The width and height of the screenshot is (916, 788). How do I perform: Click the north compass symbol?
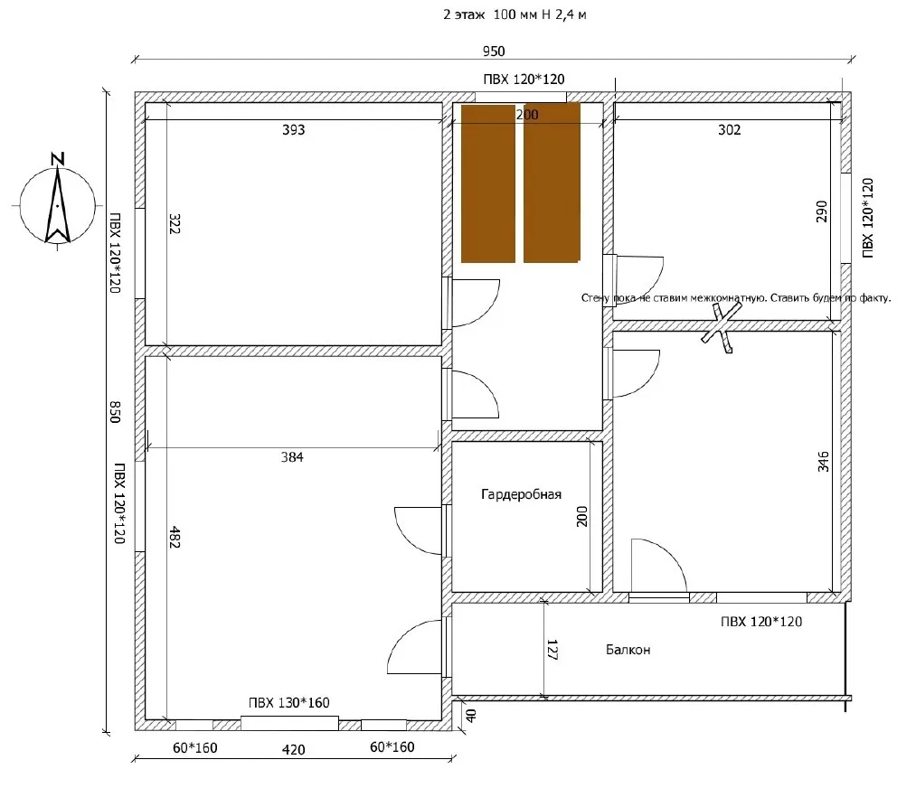click(x=57, y=202)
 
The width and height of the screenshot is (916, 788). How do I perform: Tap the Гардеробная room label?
click(x=521, y=494)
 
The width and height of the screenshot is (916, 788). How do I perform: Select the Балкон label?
click(x=628, y=650)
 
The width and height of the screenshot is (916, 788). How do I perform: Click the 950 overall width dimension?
click(x=494, y=52)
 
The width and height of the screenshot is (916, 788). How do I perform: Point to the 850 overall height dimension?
click(x=115, y=411)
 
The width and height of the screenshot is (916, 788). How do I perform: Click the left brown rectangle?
click(x=488, y=183)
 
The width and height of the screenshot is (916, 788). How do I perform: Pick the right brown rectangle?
click(x=552, y=183)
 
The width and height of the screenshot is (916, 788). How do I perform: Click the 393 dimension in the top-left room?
click(x=293, y=129)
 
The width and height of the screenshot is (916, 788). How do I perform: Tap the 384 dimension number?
click(x=292, y=457)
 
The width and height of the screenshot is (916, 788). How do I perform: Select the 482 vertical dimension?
click(x=175, y=537)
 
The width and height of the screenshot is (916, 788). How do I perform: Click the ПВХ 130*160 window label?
click(x=289, y=703)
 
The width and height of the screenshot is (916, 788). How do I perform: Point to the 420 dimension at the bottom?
click(x=293, y=749)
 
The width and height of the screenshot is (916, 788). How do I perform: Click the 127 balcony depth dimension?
click(x=552, y=650)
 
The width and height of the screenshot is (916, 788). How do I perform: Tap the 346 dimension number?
click(x=823, y=462)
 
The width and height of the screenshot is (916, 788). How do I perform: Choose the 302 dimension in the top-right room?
click(x=729, y=129)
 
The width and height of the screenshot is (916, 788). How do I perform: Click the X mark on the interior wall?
click(x=722, y=327)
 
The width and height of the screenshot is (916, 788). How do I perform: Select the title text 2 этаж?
click(x=464, y=14)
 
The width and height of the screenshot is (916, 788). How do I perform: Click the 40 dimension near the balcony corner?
click(x=471, y=715)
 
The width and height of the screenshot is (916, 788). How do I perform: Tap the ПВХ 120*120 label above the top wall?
click(x=524, y=80)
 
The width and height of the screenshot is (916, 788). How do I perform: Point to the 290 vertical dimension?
click(x=821, y=211)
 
